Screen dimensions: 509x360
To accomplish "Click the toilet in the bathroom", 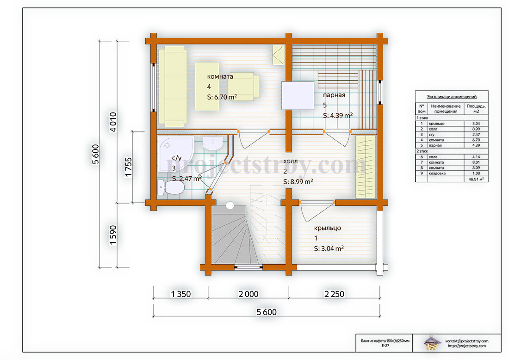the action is coord(171,187).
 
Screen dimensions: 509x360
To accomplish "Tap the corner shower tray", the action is coord(174,154).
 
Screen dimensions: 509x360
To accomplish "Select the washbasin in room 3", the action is coord(213,143).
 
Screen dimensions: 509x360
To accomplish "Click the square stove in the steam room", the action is coord(298,96).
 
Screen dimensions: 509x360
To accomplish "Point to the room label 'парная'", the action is coord(334,95).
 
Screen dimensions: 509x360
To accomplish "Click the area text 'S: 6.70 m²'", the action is coord(222,97).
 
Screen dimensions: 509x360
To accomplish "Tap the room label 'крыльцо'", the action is coord(328,228).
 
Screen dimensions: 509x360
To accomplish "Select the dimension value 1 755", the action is coord(129,167).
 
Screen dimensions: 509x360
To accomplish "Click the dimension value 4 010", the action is coord(112,122).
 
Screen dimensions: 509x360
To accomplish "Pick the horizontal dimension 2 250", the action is coord(334,294).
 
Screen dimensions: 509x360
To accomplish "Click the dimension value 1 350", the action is coord(181,294).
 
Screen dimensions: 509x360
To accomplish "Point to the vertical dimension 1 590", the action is coord(112,236).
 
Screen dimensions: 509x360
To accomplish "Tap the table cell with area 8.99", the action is coord(476,129).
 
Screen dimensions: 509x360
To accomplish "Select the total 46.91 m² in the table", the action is coord(476,179).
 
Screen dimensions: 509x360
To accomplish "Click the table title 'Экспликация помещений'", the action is coord(452,96).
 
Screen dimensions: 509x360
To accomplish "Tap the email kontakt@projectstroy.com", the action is coord(466,341).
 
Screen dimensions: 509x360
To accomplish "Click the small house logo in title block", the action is coord(432,343).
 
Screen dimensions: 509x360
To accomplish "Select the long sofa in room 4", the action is coord(173,87).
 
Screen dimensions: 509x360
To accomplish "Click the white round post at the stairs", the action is coord(230,205).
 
